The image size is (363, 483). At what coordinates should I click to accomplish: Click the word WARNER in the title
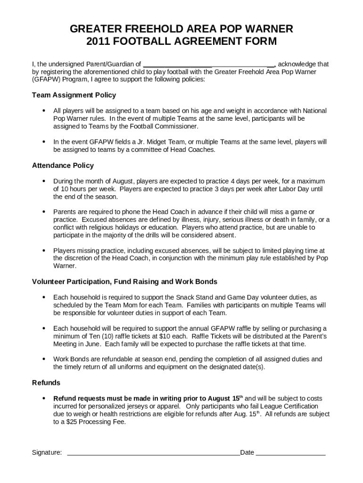(x=268, y=29)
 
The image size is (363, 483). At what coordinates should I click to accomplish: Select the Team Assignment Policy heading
(x=74, y=95)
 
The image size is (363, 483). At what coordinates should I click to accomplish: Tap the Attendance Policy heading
(x=63, y=166)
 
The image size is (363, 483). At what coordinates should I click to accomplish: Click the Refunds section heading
(x=46, y=383)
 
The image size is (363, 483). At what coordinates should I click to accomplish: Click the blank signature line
(x=153, y=453)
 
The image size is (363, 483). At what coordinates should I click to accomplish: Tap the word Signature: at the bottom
(x=47, y=453)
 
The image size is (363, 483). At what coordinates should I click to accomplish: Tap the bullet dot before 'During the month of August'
(x=44, y=181)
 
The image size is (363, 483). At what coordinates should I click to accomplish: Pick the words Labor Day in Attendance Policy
(x=290, y=189)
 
